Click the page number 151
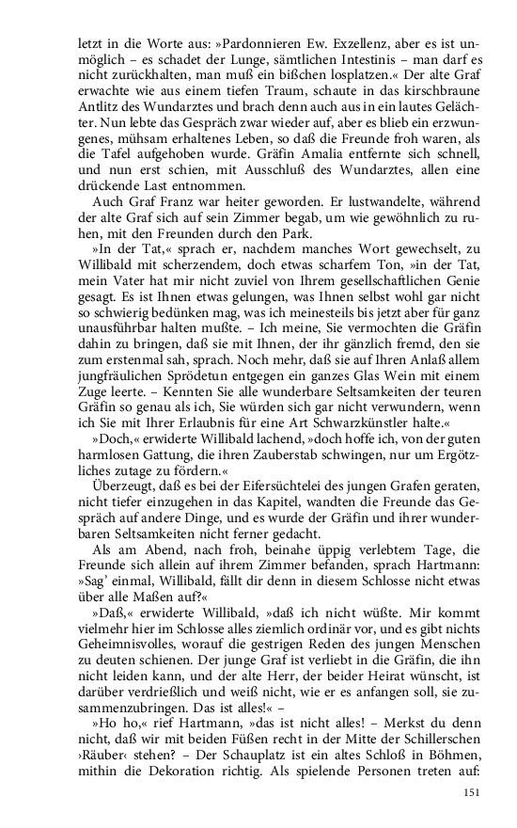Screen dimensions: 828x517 472,791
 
